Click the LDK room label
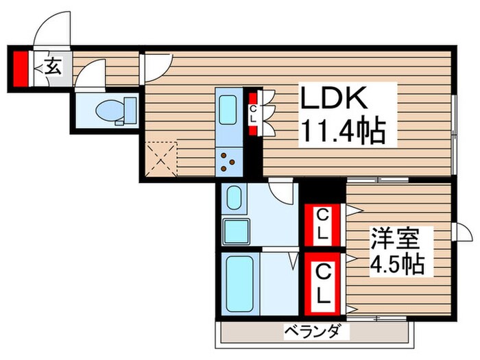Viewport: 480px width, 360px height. point(336,101)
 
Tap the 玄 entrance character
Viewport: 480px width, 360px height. point(53,67)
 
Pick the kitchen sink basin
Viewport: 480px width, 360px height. point(227,109)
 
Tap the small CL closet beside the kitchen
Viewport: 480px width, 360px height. point(253,114)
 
